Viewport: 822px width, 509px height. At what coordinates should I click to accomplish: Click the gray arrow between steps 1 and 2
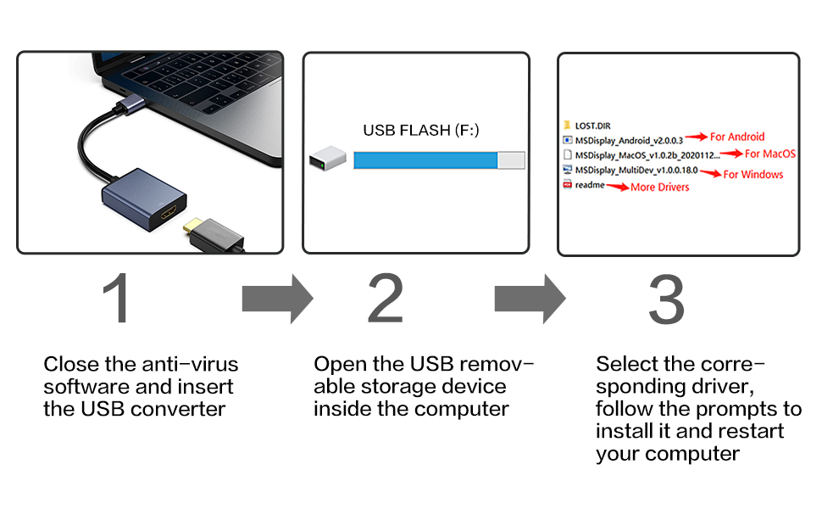point(277,299)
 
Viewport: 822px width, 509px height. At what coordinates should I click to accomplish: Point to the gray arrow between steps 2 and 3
point(530,299)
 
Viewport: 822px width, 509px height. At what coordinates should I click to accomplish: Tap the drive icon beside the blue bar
point(325,159)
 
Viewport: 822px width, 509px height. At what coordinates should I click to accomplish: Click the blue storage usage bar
point(425,160)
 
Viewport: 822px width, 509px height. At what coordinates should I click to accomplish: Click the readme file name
point(590,185)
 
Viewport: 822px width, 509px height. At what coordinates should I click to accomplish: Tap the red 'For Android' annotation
point(737,137)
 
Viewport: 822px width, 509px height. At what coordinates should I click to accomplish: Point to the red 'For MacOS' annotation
point(770,154)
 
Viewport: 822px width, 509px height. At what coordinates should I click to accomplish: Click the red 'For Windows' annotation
point(753,175)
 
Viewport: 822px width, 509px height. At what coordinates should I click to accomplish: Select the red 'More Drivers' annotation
point(660,187)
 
